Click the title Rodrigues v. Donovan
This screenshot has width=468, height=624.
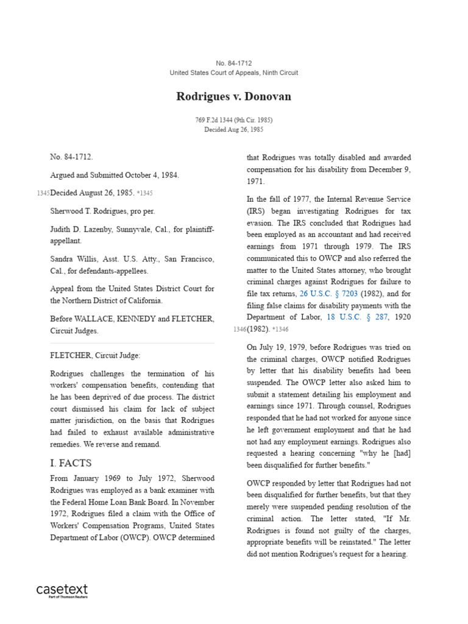tap(234, 97)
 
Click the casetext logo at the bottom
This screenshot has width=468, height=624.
tap(62, 590)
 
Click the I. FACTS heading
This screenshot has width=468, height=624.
tap(71, 463)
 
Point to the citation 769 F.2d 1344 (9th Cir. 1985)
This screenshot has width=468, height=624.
tap(234, 120)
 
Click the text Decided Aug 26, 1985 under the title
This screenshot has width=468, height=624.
tap(234, 129)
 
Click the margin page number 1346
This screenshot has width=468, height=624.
tap(239, 330)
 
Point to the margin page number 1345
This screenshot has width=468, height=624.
tap(43, 193)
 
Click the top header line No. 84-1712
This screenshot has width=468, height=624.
tap(234, 63)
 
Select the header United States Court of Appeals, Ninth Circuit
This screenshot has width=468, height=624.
tap(234, 73)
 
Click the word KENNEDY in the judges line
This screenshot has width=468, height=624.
tap(141, 319)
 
